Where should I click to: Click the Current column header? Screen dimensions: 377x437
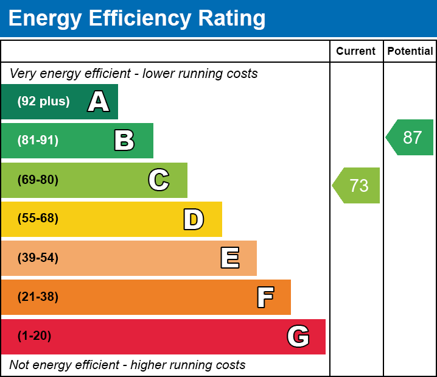click(356, 52)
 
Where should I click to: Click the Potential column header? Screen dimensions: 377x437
click(410, 52)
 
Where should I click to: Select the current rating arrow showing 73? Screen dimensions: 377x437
click(357, 185)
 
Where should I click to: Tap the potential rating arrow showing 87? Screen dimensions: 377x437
click(411, 138)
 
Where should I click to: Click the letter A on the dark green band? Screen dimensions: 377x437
click(99, 102)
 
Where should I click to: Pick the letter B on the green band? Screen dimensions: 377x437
click(124, 141)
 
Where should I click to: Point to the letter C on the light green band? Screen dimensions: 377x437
click(159, 180)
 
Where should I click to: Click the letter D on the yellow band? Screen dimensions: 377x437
click(194, 219)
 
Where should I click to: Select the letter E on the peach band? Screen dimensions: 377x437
click(229, 258)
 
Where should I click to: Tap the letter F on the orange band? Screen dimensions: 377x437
click(265, 297)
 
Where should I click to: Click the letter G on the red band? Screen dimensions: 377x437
click(298, 336)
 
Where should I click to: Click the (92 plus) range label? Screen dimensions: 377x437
click(43, 102)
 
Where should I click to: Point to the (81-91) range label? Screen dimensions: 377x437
click(38, 141)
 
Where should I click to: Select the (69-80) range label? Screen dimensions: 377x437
click(38, 180)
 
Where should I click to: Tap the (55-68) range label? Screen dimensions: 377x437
click(38, 219)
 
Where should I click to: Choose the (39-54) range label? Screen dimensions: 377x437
click(38, 258)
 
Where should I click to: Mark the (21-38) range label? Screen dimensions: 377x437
click(38, 297)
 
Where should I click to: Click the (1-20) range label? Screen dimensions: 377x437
click(34, 336)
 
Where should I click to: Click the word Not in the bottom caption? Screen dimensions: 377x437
click(19, 365)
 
